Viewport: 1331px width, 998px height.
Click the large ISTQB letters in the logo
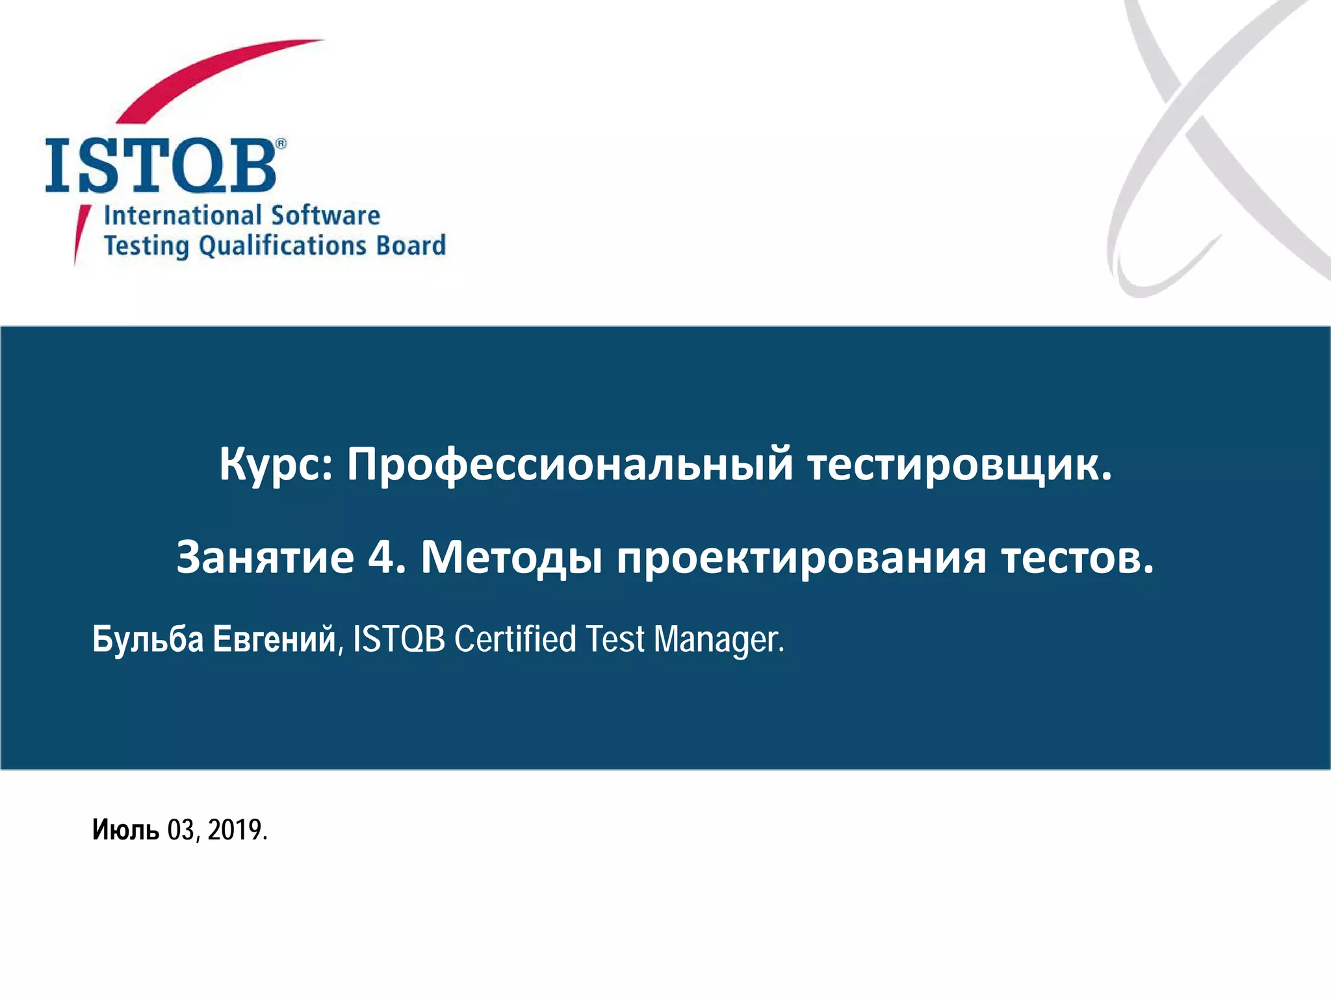coord(161,165)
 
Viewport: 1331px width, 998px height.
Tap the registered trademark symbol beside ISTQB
coord(281,144)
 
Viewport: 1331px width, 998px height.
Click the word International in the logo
coord(183,215)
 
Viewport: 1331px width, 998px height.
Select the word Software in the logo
coord(326,215)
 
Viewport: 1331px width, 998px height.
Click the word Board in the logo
coord(411,246)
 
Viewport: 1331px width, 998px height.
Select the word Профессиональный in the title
coord(570,465)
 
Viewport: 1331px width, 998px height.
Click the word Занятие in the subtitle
coord(265,557)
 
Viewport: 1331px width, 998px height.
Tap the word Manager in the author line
coord(718,640)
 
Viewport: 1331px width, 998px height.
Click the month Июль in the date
coord(125,830)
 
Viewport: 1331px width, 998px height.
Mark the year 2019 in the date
coord(235,830)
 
